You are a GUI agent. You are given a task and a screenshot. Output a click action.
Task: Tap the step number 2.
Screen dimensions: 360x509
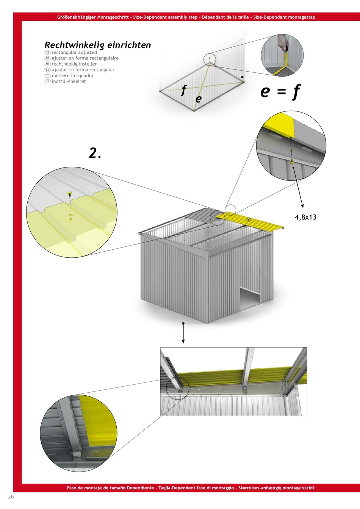[95, 153]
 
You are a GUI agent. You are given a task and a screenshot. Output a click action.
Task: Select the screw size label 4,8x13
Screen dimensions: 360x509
[305, 217]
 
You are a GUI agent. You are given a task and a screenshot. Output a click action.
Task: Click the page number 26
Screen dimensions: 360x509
[11, 497]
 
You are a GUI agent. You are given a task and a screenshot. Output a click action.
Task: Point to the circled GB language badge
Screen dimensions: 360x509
[47, 52]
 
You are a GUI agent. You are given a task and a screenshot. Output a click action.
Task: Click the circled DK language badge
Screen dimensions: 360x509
[47, 81]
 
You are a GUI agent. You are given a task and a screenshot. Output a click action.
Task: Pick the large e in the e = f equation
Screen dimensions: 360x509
[265, 91]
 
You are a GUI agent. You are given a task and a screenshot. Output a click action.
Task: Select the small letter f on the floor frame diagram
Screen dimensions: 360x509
[184, 90]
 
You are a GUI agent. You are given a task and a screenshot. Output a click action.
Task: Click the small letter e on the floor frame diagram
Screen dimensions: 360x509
[199, 99]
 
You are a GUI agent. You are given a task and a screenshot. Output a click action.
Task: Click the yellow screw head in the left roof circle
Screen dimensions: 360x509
[70, 194]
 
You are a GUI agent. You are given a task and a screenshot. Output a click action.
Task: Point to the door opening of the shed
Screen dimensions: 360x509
[249, 298]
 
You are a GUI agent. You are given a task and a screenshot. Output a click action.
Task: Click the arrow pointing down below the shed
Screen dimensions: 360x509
[183, 333]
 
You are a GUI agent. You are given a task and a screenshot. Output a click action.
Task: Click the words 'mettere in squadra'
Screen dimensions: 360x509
[72, 76]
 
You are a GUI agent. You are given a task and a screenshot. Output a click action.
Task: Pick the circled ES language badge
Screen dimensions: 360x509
[47, 70]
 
